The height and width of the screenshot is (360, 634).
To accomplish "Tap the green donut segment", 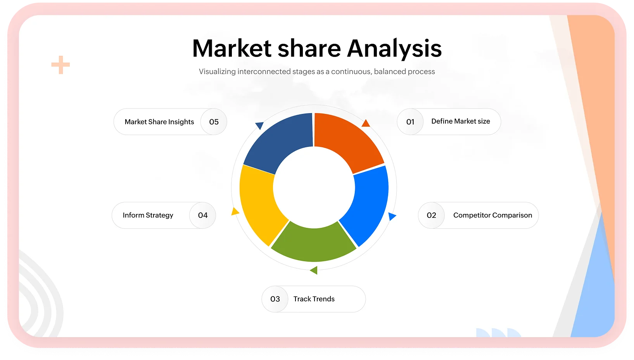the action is (x=314, y=244).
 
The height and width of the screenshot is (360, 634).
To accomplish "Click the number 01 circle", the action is (x=410, y=122).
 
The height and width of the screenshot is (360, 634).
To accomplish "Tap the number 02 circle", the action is (x=431, y=215).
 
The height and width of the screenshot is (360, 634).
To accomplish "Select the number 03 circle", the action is (x=275, y=299).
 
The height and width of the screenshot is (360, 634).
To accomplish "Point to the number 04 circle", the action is (x=203, y=215).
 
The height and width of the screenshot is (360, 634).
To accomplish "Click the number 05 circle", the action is (x=214, y=122).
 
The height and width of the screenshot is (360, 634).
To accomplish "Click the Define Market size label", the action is (x=461, y=121).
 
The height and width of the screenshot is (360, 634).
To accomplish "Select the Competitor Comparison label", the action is (x=492, y=215).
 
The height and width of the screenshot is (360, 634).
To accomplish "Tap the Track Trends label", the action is (x=314, y=299).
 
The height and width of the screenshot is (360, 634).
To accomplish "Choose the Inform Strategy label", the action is (x=148, y=215).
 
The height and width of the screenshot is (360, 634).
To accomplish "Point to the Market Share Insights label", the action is (x=159, y=122).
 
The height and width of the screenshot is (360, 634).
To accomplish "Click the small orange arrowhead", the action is (x=366, y=123).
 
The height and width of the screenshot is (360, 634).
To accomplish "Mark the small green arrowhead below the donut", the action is (x=314, y=270).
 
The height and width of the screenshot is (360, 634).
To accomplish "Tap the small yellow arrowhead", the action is (x=235, y=211).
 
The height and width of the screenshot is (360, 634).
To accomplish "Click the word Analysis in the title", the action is (x=394, y=49).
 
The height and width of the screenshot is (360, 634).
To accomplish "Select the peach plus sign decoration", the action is (x=60, y=65).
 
